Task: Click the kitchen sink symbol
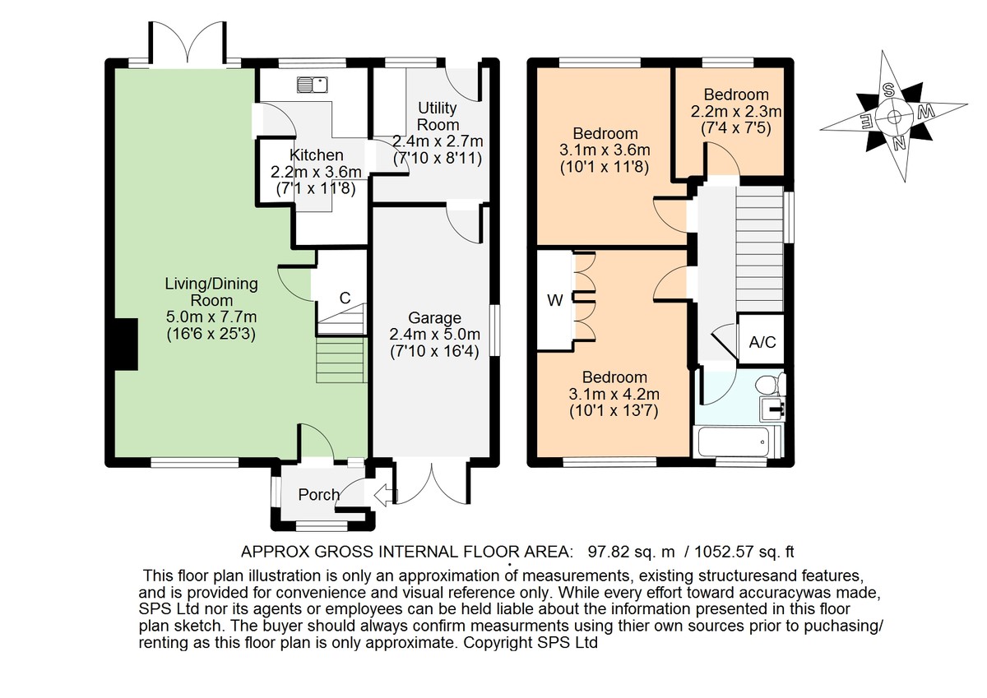[312, 85]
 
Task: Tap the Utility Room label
[438, 116]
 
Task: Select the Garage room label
[434, 317]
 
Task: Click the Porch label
[318, 495]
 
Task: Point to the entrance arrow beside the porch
[385, 496]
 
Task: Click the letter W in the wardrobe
[554, 300]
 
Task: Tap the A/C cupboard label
[762, 342]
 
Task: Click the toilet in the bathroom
[770, 384]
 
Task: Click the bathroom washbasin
[772, 409]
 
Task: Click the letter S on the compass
[887, 90]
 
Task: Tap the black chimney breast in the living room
[127, 344]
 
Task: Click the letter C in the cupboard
[345, 298]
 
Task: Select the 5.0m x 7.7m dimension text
[211, 317]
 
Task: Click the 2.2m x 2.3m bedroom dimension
[736, 112]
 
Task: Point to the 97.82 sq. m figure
[632, 552]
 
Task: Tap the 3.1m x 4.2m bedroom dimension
[614, 394]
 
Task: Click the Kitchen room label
[317, 155]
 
